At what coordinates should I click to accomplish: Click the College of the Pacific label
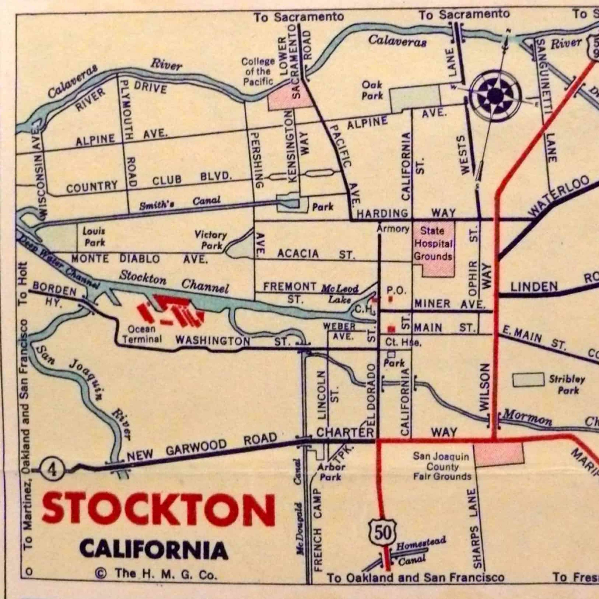point(258,71)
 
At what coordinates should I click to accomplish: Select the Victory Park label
point(211,240)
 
